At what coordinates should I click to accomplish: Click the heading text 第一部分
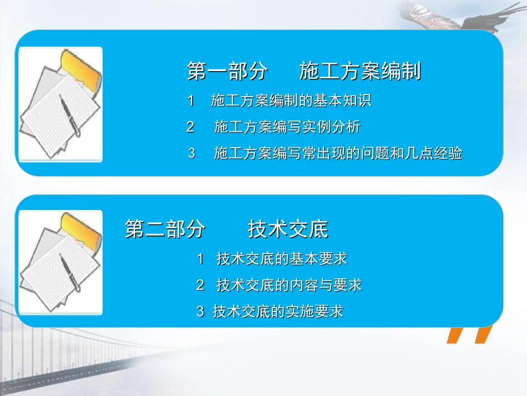227,72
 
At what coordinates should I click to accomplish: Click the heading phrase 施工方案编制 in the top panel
360,72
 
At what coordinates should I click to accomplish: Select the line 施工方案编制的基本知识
291,101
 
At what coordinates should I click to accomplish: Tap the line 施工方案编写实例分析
287,127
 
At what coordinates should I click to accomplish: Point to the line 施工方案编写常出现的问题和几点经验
338,153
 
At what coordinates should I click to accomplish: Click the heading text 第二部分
165,229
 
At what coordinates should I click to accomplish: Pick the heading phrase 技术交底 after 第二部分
288,229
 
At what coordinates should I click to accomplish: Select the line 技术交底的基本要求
282,259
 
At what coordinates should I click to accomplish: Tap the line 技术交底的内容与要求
289,285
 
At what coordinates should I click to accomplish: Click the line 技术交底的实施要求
278,312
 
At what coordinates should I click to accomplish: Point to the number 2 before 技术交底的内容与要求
200,285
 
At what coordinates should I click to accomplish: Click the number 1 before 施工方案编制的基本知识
191,101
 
